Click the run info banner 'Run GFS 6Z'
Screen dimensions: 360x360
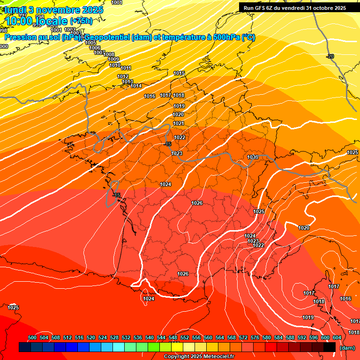click(295, 7)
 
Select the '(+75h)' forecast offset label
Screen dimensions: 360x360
click(81, 21)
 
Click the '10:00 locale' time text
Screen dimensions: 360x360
click(37, 21)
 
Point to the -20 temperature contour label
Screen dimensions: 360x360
click(330, 56)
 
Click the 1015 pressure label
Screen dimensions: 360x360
click(179, 73)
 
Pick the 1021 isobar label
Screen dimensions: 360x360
click(179, 123)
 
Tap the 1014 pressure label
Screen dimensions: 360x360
click(136, 86)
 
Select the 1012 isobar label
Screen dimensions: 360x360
click(123, 76)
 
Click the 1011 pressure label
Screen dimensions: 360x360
click(126, 68)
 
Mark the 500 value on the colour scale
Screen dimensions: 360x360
click(32, 337)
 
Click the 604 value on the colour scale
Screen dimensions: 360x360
click(337, 337)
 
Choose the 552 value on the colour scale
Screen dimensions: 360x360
click(185, 337)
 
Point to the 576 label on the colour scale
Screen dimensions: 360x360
click(255, 337)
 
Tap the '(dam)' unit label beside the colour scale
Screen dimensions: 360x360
click(347, 348)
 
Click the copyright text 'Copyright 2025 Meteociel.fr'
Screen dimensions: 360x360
click(199, 357)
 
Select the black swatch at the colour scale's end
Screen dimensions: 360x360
click(329, 347)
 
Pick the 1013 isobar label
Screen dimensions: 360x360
click(127, 82)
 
